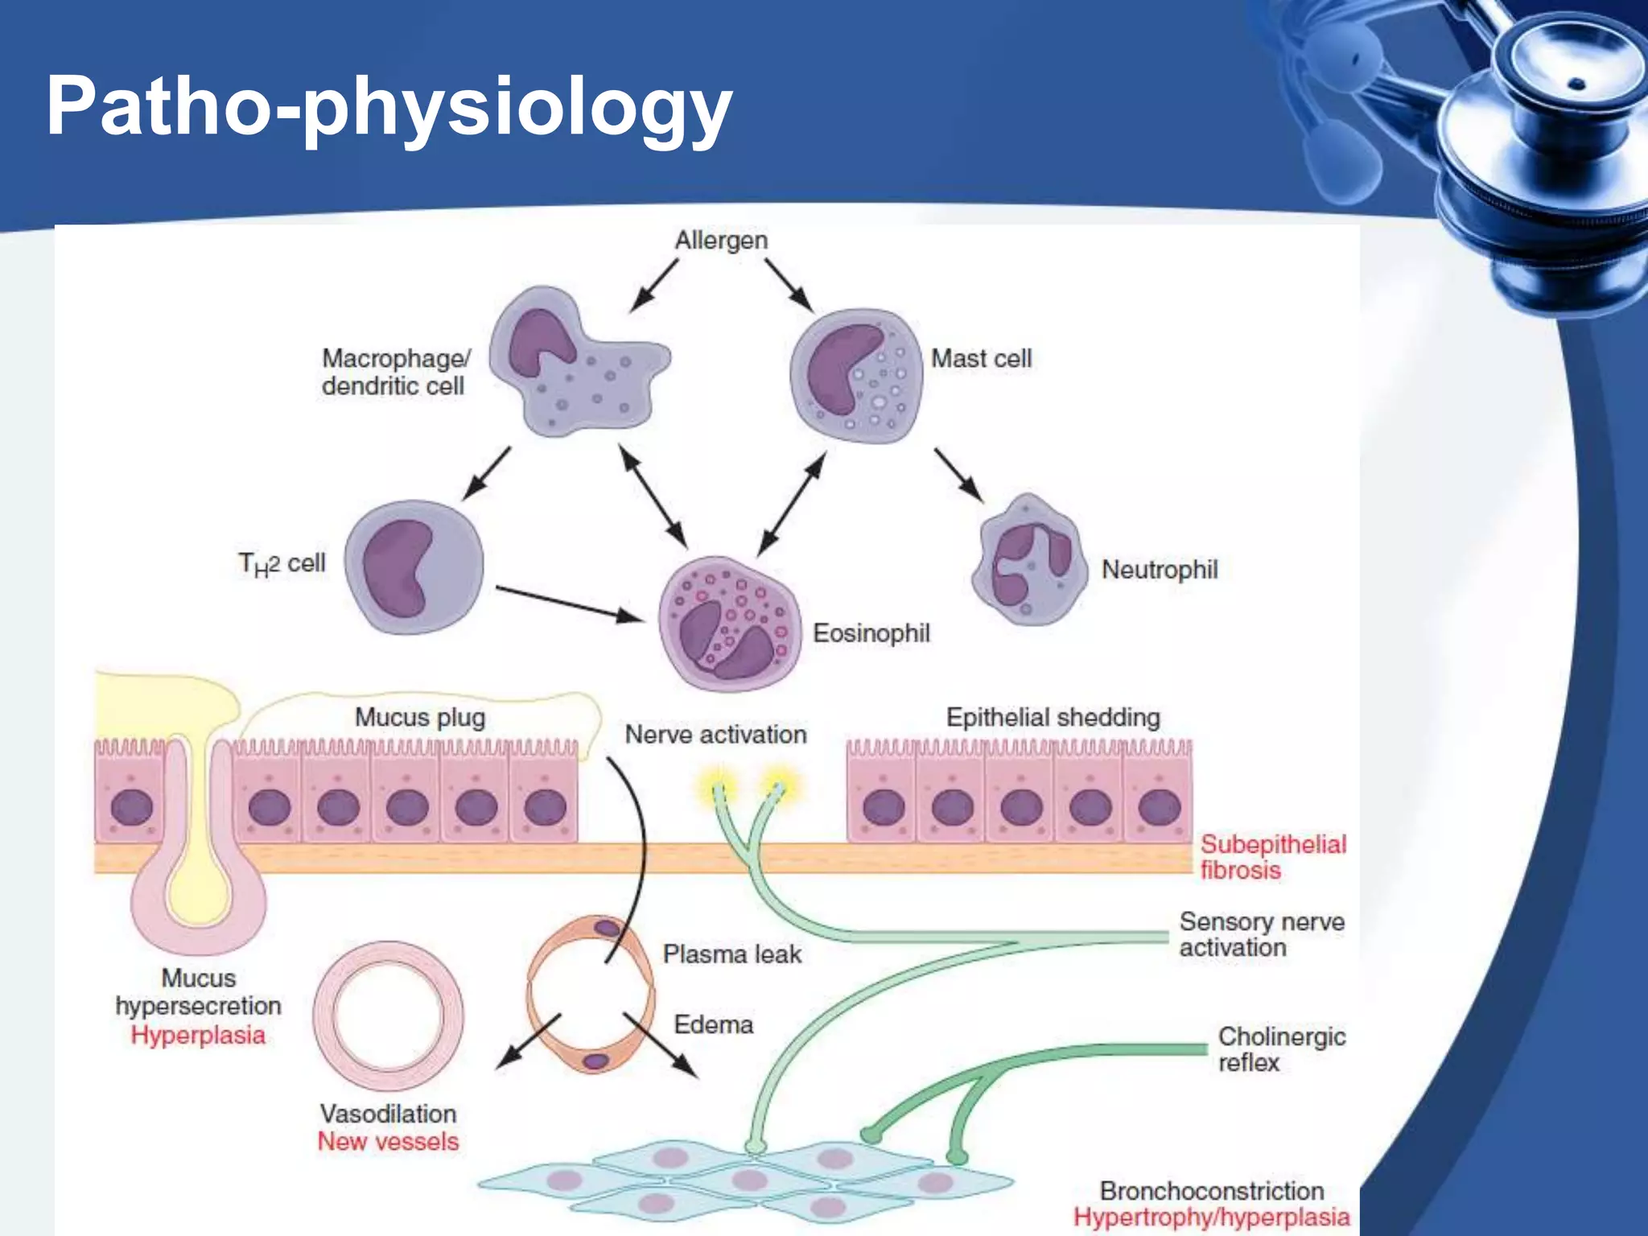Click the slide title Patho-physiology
click(389, 107)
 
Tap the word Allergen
click(721, 240)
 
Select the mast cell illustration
click(855, 375)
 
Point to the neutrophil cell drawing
click(1029, 562)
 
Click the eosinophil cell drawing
click(729, 623)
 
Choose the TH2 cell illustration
click(414, 566)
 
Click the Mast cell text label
click(981, 358)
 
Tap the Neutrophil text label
click(1159, 570)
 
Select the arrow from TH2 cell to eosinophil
click(570, 604)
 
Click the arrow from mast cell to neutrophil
click(958, 475)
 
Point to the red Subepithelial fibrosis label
click(1272, 857)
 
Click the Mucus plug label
click(420, 717)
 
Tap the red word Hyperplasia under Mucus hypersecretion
click(198, 1035)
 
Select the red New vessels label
click(388, 1141)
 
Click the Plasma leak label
click(731, 954)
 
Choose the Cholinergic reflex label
click(1281, 1049)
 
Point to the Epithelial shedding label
click(1053, 717)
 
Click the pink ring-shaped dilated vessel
click(388, 1016)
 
